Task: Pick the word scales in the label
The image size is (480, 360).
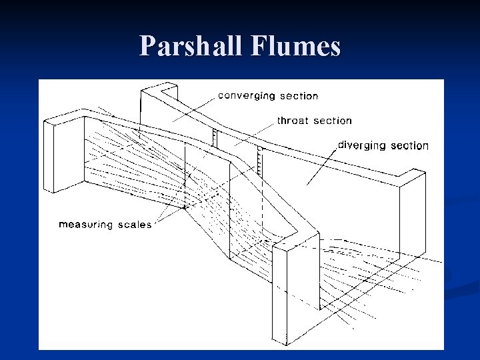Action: (x=135, y=225)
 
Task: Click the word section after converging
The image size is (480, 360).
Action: (x=299, y=96)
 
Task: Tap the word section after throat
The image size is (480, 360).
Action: (x=333, y=121)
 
